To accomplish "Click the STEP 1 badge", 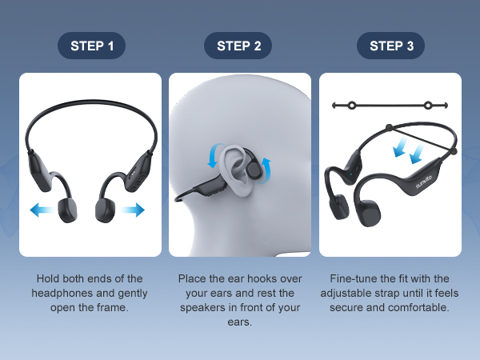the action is (91, 46).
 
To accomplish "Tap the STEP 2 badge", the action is (238, 46).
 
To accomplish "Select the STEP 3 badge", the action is (390, 46).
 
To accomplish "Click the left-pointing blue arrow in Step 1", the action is (42, 210).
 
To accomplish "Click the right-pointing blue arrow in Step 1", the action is (132, 210).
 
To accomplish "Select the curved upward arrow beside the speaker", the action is (267, 171).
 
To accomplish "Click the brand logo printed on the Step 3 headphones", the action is (424, 182).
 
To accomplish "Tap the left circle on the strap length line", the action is (352, 106).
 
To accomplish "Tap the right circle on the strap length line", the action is (428, 106).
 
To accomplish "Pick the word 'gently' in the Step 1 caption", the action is (133, 294).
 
